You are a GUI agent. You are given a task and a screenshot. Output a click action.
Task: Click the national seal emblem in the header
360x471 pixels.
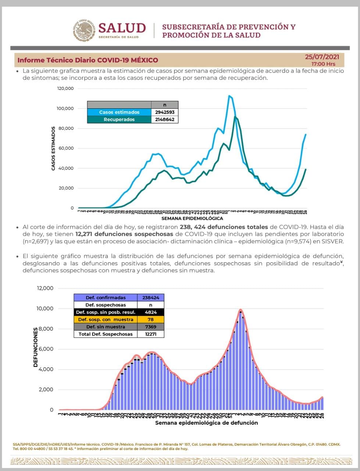[x=84, y=31]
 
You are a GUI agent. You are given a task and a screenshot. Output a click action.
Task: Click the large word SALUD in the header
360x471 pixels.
[x=122, y=28]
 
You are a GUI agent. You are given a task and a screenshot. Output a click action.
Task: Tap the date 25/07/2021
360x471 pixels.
[x=322, y=57]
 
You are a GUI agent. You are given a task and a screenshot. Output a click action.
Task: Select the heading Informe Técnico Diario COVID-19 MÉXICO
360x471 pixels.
[x=88, y=60]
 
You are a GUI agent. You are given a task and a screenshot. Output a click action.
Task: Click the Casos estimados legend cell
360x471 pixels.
[x=119, y=112]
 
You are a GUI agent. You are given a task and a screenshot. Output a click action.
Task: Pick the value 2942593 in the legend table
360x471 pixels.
[x=164, y=112]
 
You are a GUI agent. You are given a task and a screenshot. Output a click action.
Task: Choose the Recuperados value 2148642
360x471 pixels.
[x=164, y=120]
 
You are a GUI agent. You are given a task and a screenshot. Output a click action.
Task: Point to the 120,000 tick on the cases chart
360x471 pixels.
[x=65, y=89]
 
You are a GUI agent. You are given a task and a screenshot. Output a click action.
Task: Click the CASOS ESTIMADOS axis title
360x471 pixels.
[x=53, y=148]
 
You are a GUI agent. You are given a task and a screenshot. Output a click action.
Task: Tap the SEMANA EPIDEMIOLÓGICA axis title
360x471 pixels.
[x=192, y=219]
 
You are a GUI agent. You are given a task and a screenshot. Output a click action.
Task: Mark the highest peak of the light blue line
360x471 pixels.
[x=229, y=96]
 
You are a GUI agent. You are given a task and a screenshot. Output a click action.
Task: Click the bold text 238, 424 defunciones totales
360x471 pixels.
[x=224, y=227]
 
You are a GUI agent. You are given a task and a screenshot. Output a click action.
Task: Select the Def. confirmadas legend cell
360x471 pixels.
[x=106, y=298]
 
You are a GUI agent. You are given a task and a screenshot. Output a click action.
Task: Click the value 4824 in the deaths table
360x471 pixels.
[x=151, y=312]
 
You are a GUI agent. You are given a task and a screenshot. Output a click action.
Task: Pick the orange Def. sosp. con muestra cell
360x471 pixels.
[x=106, y=319]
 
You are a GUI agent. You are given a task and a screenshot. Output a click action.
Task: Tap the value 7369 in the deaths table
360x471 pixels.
[x=151, y=327]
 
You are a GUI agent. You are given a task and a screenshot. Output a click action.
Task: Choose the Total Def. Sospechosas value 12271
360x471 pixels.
[x=151, y=334]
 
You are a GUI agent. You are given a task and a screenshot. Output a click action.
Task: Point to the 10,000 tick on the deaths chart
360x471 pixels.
[x=45, y=308]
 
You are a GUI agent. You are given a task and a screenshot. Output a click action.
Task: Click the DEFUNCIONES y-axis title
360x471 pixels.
[x=36, y=347]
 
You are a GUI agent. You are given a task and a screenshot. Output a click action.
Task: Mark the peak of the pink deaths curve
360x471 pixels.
[x=240, y=309]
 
